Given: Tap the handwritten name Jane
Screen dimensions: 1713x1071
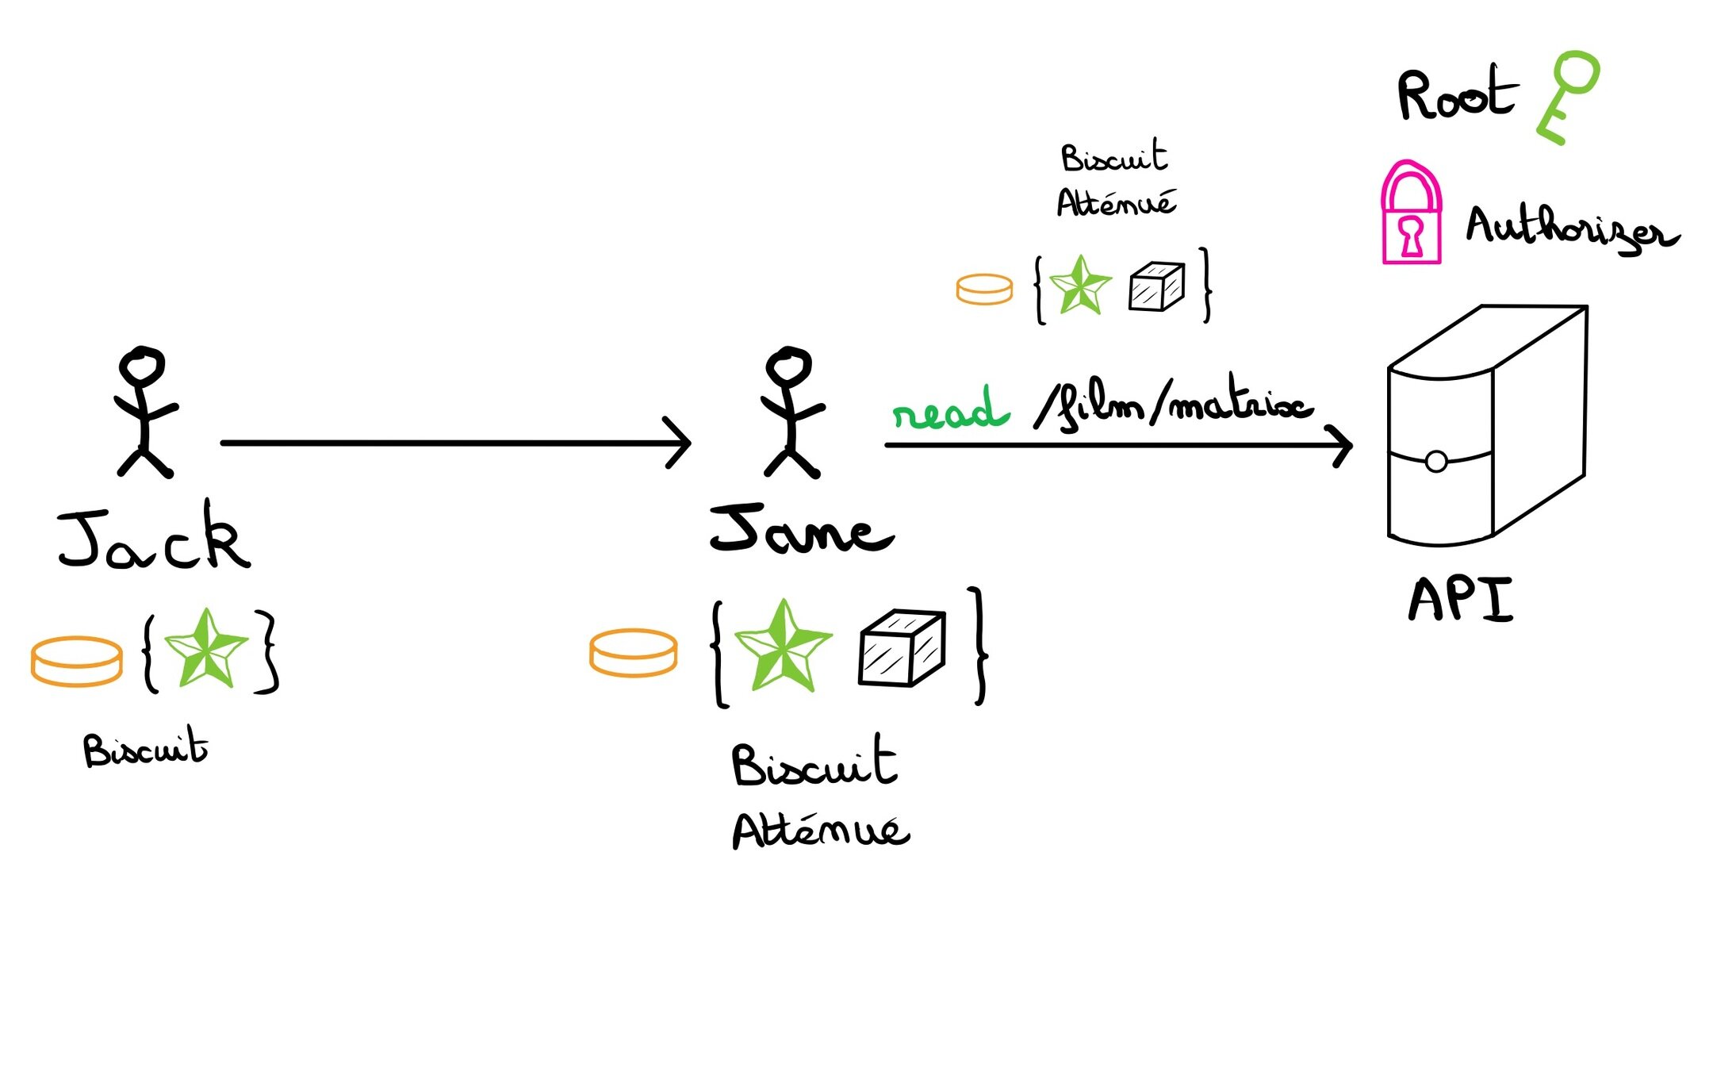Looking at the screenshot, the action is point(801,530).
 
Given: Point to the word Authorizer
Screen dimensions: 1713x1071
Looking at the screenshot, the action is point(1570,229).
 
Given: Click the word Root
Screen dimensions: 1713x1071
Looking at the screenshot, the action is point(1456,95).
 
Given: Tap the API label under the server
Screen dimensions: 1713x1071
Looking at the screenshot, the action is point(1461,600).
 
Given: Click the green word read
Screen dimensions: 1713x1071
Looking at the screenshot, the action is point(950,410).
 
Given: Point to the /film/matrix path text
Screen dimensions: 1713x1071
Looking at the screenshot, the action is point(1174,406).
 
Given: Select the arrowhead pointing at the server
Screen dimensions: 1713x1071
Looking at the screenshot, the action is point(1340,446).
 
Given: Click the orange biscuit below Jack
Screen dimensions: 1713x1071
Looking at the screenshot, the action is point(77,660).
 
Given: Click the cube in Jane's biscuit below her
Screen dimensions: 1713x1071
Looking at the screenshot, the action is point(902,647).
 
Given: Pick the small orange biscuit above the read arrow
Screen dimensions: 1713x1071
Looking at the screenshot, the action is point(984,290).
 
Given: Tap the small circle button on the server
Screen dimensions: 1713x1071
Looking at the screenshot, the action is point(1435,462).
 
